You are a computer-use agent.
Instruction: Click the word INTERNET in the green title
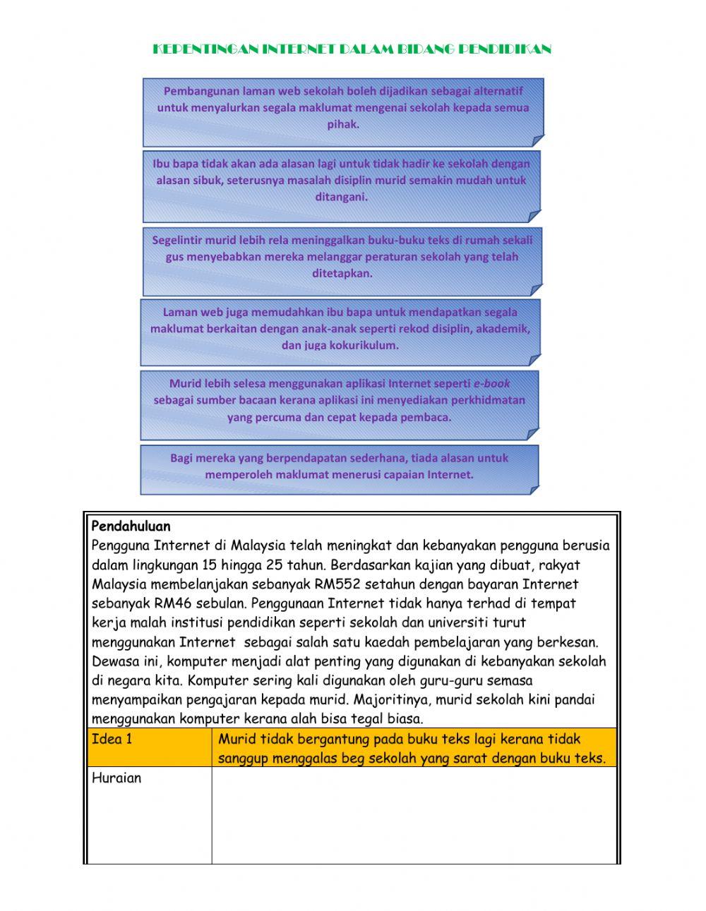pyautogui.click(x=298, y=49)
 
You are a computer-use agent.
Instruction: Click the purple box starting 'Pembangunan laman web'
pyautogui.click(x=343, y=108)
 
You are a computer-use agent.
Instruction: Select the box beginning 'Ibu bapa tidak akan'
pyautogui.click(x=342, y=181)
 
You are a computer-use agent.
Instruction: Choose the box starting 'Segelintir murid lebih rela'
pyautogui.click(x=342, y=257)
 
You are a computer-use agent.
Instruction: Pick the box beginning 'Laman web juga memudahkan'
pyautogui.click(x=340, y=329)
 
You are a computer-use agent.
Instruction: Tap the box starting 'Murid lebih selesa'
pyautogui.click(x=339, y=401)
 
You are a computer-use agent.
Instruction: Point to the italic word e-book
pyautogui.click(x=491, y=384)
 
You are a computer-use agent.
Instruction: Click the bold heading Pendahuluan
pyautogui.click(x=131, y=526)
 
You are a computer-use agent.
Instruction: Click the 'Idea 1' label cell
pyautogui.click(x=112, y=740)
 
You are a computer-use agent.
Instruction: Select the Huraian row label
pyautogui.click(x=116, y=778)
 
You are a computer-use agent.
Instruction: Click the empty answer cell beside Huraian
pyautogui.click(x=414, y=815)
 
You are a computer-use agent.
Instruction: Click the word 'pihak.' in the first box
pyautogui.click(x=343, y=125)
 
